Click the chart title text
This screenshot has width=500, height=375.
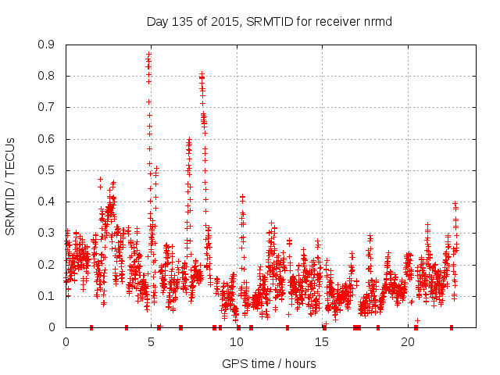tap(270, 21)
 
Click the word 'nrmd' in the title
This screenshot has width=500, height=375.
tap(377, 21)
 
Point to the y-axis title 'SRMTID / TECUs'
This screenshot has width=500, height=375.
tap(10, 186)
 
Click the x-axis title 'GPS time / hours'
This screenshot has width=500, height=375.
tap(270, 362)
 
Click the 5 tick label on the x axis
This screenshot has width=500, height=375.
tap(151, 341)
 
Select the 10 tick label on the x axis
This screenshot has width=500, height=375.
tap(237, 341)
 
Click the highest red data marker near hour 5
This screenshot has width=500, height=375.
tap(148, 54)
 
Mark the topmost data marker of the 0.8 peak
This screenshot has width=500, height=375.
tap(202, 74)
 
